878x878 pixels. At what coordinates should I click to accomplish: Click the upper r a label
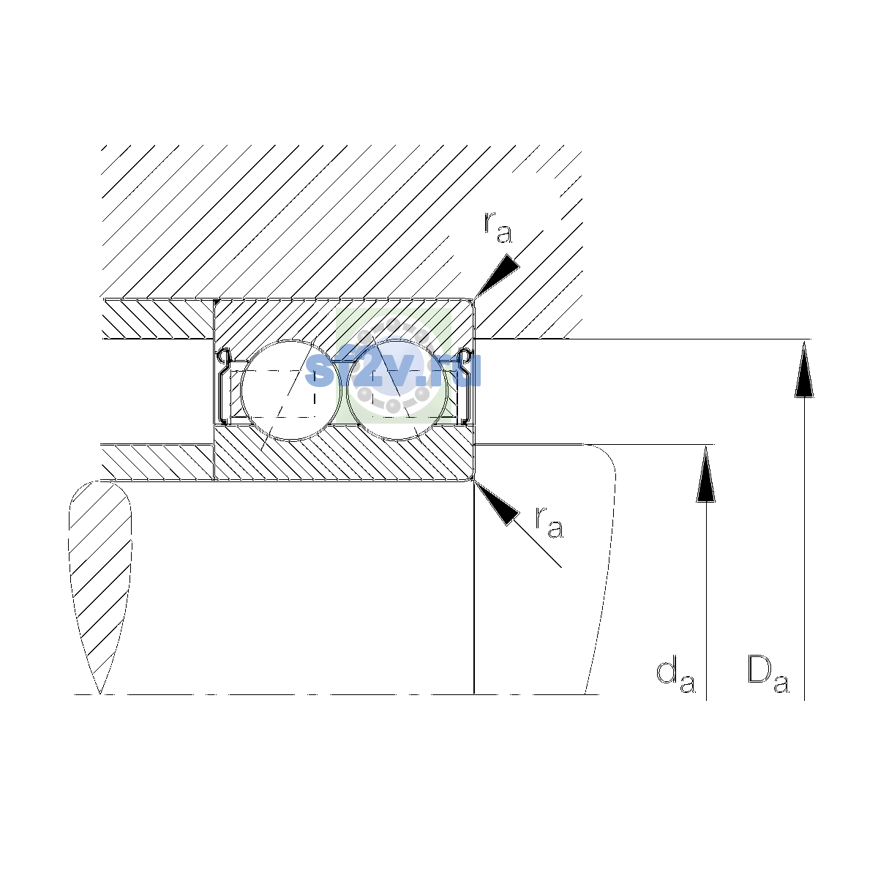click(498, 227)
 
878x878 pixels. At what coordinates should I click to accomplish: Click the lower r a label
click(549, 522)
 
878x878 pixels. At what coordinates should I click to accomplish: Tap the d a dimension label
click(676, 678)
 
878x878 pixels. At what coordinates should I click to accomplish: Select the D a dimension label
click(769, 676)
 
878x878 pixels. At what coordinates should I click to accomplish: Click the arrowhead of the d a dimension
click(706, 473)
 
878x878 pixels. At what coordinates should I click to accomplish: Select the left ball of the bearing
click(290, 390)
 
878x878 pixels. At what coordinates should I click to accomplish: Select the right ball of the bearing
click(397, 390)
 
